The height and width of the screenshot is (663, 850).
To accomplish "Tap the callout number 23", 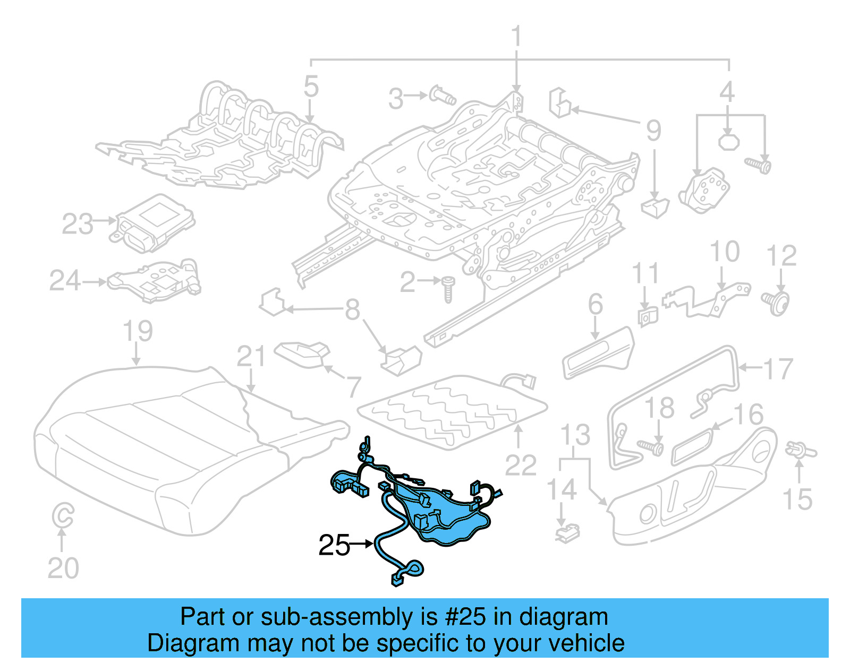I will pyautogui.click(x=78, y=224).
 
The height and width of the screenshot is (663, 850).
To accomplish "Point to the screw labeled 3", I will pyautogui.click(x=442, y=96).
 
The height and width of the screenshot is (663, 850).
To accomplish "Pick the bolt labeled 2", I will pyautogui.click(x=448, y=289).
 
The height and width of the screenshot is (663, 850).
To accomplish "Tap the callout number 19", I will pyautogui.click(x=138, y=331).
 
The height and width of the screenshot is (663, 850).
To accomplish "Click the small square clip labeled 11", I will pyautogui.click(x=647, y=317).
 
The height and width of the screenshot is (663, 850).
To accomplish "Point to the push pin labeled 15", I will pyautogui.click(x=800, y=451).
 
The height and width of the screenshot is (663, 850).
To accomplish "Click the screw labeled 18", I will pyautogui.click(x=650, y=447).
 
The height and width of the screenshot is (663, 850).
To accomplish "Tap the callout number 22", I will pyautogui.click(x=521, y=466).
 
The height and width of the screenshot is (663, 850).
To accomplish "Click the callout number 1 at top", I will pyautogui.click(x=516, y=37).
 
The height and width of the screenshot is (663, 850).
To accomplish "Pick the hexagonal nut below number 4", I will pyautogui.click(x=728, y=141).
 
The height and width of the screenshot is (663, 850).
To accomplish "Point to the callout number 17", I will pyautogui.click(x=778, y=368).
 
